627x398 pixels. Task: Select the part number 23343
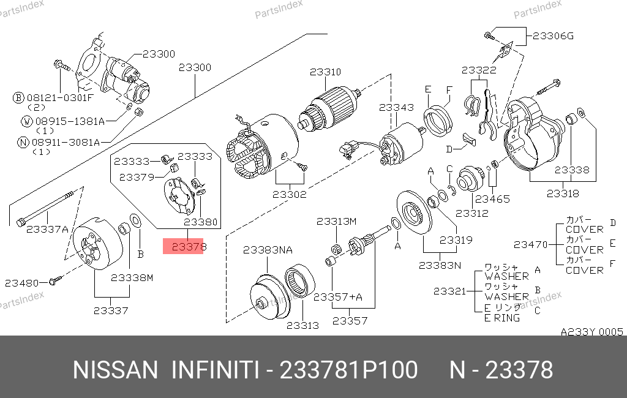(396, 107)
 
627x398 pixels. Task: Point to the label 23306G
(553, 36)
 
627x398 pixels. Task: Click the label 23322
(478, 70)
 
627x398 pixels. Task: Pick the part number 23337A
(48, 229)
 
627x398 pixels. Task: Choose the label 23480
(21, 283)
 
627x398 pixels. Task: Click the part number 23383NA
(268, 250)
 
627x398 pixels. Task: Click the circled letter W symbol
(26, 121)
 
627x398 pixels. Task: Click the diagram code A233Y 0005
(591, 332)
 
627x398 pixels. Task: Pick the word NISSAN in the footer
(116, 370)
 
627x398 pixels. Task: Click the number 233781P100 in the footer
(348, 370)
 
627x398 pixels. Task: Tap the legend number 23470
(530, 244)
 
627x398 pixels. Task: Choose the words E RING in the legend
(502, 318)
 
